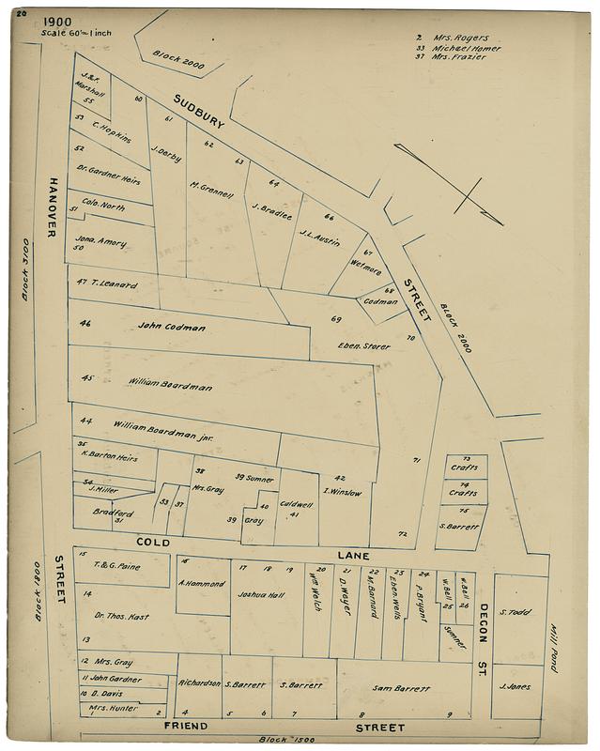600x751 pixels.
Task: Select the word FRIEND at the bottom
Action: (186, 728)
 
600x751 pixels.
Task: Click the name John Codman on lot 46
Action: (171, 328)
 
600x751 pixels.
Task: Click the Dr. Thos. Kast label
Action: (123, 616)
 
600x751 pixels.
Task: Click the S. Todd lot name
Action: (515, 612)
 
